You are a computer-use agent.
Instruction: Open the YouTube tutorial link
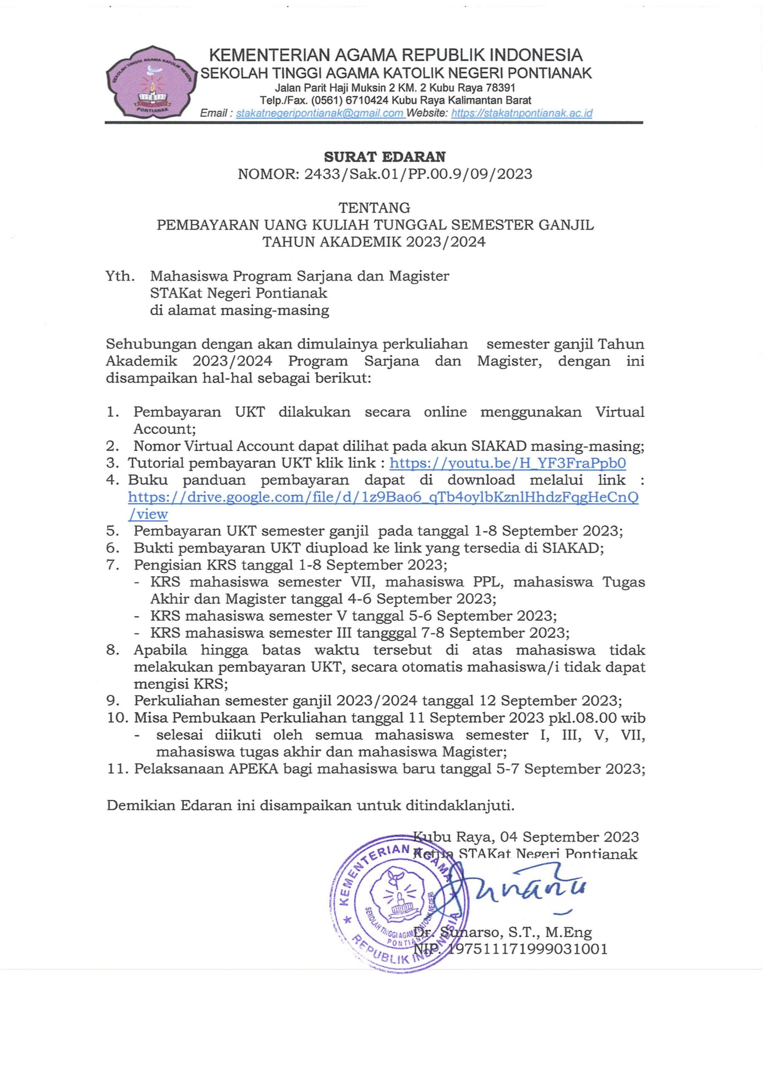click(x=508, y=463)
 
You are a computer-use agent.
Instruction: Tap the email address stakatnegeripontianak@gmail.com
click(x=320, y=113)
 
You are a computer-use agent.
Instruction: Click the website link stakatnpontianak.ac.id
click(x=521, y=113)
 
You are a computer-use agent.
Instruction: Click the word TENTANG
click(x=375, y=207)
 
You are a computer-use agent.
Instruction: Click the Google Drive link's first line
click(x=383, y=497)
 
